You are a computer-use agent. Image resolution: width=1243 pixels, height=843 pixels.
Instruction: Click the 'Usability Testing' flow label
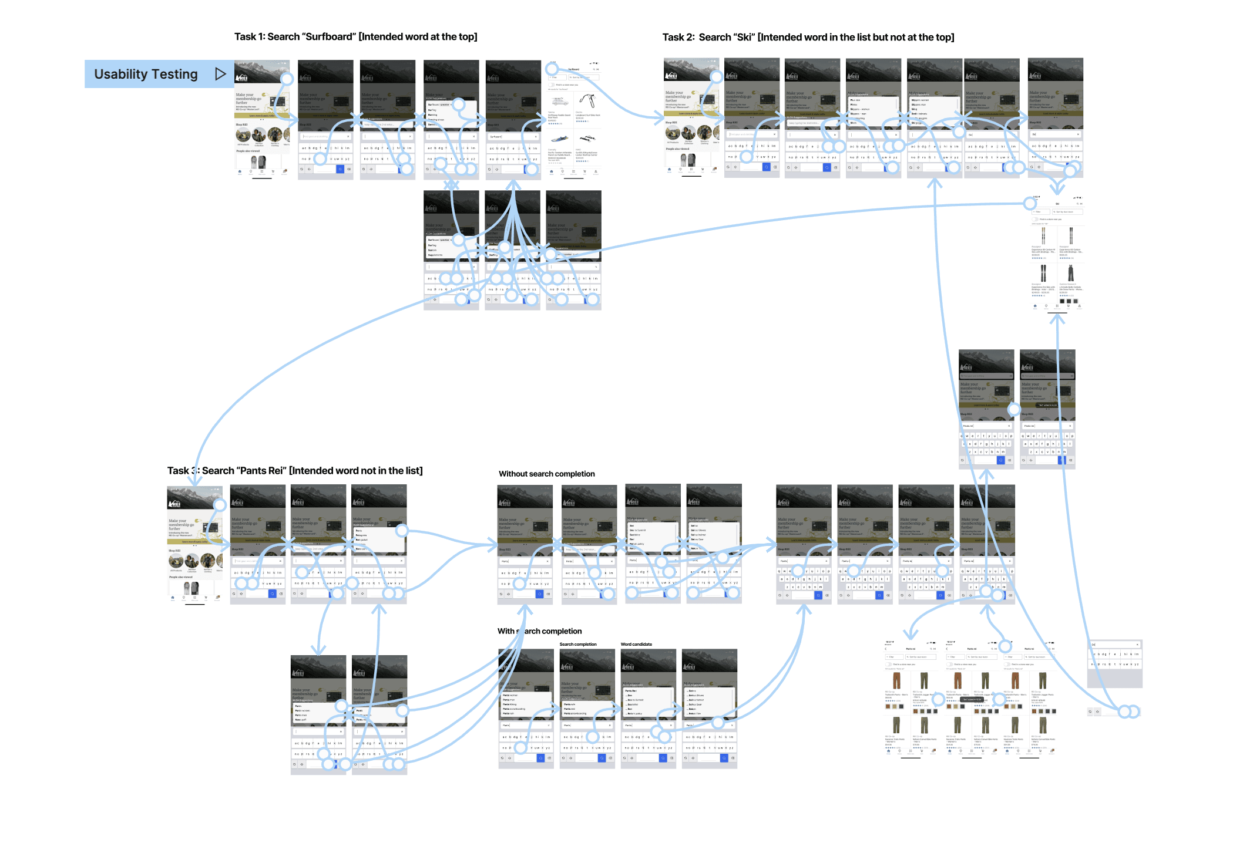(x=146, y=74)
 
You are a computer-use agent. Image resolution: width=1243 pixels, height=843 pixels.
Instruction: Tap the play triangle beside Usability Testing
(x=220, y=74)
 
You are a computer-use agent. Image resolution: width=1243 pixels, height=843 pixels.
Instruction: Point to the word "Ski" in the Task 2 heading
(x=744, y=38)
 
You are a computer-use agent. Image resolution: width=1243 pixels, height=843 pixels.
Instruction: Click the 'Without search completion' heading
(x=546, y=474)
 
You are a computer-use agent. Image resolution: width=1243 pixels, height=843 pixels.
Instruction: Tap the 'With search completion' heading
(x=539, y=631)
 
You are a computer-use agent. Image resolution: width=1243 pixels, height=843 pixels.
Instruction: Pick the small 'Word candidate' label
(x=636, y=644)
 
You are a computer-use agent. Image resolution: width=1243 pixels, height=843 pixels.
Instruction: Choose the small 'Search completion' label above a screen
(x=577, y=644)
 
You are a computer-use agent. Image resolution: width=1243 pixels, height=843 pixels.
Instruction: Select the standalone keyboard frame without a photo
(x=1114, y=663)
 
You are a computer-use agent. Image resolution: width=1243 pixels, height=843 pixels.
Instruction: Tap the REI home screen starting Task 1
(x=262, y=117)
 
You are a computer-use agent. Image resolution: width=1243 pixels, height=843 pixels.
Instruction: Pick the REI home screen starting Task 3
(x=194, y=543)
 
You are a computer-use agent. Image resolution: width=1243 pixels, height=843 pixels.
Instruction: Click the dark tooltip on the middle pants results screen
(x=972, y=699)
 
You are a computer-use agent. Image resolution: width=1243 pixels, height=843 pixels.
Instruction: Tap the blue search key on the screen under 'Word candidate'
(x=663, y=758)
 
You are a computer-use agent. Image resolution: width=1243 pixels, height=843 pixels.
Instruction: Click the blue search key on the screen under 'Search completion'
(x=602, y=758)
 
